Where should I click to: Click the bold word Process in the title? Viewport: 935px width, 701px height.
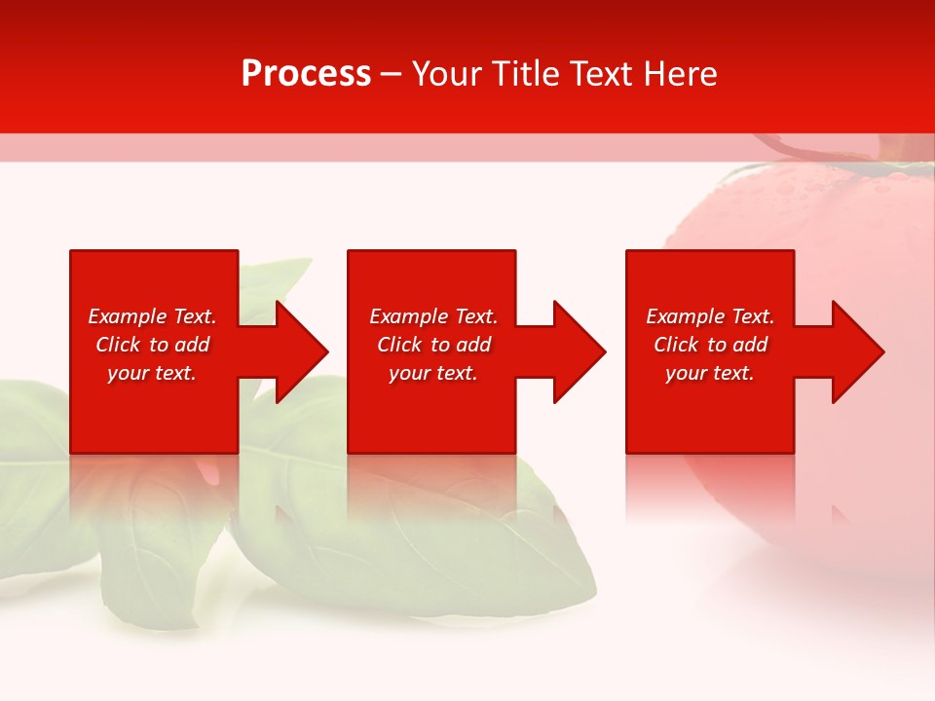(x=306, y=74)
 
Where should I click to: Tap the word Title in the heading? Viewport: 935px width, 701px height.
(x=526, y=74)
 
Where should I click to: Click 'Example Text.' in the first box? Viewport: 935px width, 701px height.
(x=152, y=316)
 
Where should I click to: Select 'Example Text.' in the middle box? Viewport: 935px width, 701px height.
(x=433, y=316)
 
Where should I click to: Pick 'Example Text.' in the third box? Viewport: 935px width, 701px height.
(x=710, y=316)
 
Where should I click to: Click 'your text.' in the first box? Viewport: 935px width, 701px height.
(x=152, y=373)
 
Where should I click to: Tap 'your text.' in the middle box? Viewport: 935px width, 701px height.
(x=433, y=373)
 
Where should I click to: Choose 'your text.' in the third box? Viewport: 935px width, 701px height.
(x=710, y=373)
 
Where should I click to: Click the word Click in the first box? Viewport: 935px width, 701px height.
(x=118, y=345)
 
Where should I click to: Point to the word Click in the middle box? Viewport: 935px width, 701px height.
(x=399, y=345)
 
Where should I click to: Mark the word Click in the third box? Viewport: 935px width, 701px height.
(x=676, y=345)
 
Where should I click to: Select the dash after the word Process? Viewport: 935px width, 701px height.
(x=391, y=74)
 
